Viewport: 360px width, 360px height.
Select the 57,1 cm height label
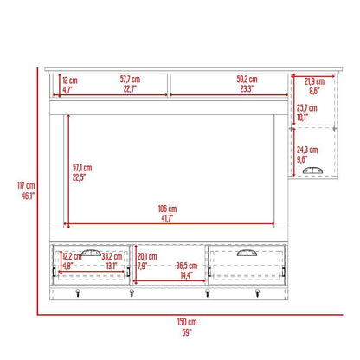82,168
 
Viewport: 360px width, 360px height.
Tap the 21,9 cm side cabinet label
313,80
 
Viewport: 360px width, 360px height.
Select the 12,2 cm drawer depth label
71,256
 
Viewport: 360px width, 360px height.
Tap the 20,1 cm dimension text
146,256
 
